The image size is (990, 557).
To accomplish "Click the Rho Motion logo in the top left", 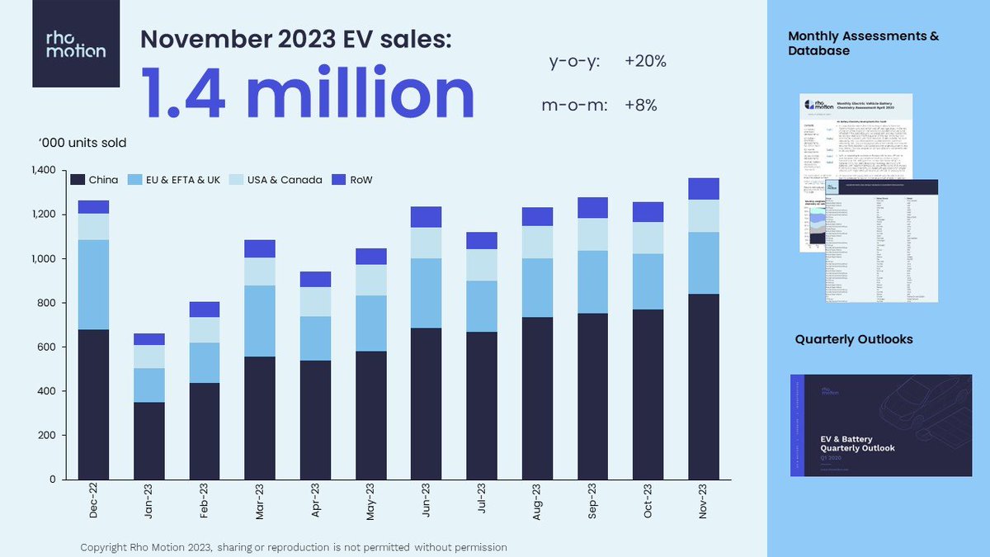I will pos(75,44).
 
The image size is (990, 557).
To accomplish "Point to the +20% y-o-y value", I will pos(645,61).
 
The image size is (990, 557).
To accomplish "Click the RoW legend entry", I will pos(351,180).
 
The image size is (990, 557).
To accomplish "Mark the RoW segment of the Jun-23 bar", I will pos(427,216).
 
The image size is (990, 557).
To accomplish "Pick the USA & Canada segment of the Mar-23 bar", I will pos(260,271).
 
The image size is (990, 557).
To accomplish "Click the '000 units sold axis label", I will pos(82,143).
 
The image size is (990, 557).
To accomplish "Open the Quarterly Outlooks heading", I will pos(854,340).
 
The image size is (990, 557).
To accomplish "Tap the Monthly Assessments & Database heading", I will pos(863,43).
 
